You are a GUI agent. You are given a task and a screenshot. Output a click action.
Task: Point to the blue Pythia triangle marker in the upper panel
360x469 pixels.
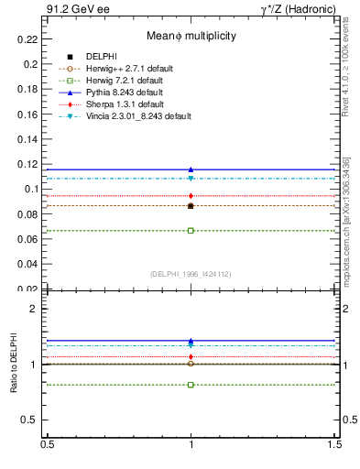191,169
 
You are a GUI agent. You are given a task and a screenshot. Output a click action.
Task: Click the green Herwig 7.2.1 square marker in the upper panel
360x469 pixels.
191,230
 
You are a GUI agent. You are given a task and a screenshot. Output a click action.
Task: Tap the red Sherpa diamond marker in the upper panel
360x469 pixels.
191,196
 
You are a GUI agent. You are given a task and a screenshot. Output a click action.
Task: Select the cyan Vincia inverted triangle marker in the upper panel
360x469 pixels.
191,178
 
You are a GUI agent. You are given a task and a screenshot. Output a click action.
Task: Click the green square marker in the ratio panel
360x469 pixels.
191,385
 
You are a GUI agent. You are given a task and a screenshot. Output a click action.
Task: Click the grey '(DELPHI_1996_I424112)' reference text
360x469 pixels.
191,273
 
